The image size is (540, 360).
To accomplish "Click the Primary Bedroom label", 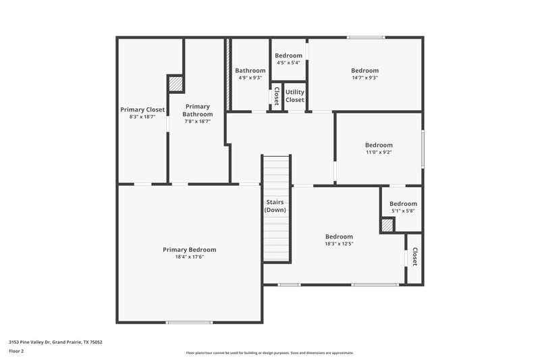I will coord(189,249).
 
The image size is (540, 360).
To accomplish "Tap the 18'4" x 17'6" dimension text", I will coord(189,257).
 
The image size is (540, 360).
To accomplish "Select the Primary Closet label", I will coord(142,109).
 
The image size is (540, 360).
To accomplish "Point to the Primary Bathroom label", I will coord(198,110).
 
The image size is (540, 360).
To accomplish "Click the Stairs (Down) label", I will coord(275,206).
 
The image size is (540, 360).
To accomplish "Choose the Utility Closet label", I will coord(294,95).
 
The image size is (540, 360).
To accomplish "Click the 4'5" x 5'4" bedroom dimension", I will coord(288,63).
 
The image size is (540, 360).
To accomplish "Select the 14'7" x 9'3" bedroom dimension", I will coord(364,77).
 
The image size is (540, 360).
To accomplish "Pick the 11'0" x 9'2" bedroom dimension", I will coord(379,152).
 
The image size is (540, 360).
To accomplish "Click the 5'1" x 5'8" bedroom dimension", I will coord(403,211).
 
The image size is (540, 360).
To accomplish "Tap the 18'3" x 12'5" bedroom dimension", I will coord(339,244).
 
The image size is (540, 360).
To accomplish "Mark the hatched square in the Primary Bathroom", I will coord(175,83).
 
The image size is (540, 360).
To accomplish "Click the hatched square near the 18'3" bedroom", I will coord(387,226).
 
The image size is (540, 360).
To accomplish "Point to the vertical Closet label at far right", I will coord(414,257).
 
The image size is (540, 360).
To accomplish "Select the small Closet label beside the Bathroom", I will coord(276,96).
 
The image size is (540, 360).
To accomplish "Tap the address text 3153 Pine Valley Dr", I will coord(54,342).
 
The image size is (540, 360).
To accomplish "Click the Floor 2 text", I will coord(16,351).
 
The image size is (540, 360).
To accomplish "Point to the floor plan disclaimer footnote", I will coord(269,353).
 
